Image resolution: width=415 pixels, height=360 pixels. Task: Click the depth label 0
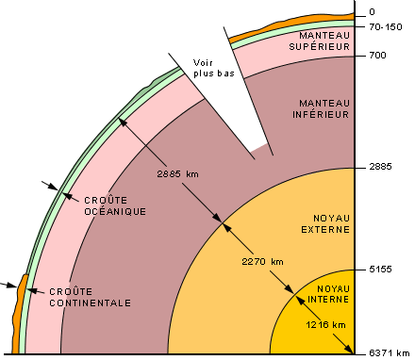tap(372, 12)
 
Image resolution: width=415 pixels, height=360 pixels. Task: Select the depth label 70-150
tap(381, 28)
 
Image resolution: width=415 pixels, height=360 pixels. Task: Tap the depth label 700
tap(375, 56)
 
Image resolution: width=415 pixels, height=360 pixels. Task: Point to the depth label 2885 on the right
tap(378, 166)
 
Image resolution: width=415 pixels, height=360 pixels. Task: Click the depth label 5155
tap(378, 270)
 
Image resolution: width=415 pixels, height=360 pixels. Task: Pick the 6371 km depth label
tap(386, 353)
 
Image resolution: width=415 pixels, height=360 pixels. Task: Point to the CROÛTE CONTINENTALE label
tap(91, 297)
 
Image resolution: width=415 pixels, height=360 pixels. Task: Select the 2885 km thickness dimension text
tap(179, 174)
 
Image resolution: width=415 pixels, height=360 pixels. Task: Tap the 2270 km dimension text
tap(262, 261)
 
